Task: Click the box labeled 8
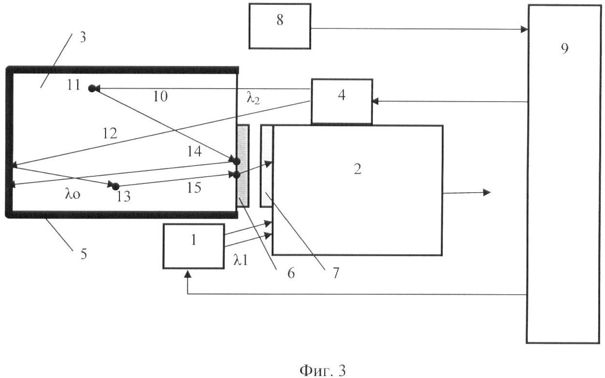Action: click(279, 26)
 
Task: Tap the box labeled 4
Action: click(342, 101)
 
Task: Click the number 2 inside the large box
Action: click(357, 169)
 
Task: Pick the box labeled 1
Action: click(194, 246)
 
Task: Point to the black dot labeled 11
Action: click(92, 88)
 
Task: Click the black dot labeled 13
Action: click(115, 186)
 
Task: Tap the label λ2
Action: click(253, 99)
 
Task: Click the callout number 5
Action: click(83, 254)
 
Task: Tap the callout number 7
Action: click(334, 273)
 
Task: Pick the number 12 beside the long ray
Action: click(110, 133)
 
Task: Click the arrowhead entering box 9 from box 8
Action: click(524, 29)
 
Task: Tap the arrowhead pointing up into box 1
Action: click(187, 274)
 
